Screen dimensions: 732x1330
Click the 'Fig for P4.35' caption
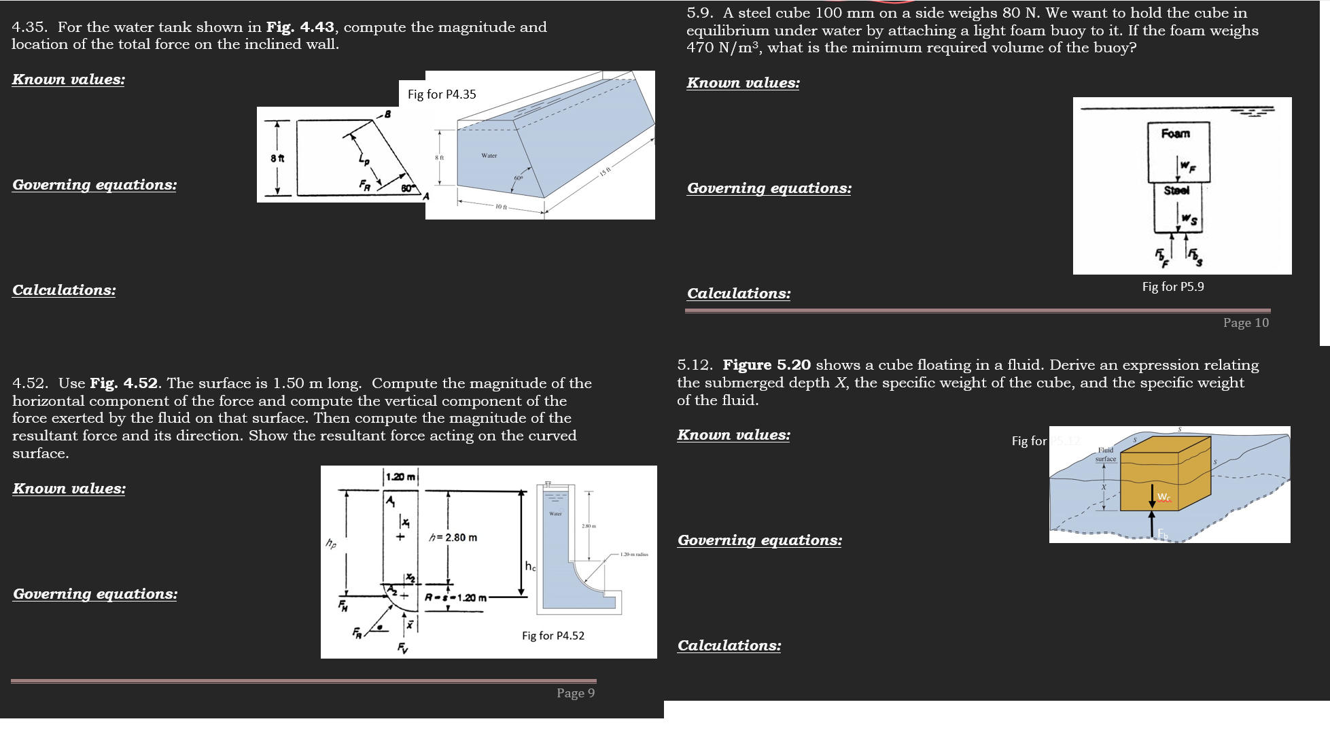click(442, 94)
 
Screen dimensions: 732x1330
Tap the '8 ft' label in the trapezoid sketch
click(277, 158)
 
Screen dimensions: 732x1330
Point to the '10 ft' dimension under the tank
click(501, 207)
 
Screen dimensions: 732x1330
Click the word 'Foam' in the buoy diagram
click(1175, 134)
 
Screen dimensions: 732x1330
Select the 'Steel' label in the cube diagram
click(1176, 191)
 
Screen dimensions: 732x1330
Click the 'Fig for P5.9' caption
click(1172, 287)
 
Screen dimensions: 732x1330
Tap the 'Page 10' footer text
click(1245, 323)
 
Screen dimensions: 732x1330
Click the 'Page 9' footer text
click(575, 693)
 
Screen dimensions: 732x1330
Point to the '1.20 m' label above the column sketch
click(400, 477)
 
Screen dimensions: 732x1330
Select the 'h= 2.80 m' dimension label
click(453, 538)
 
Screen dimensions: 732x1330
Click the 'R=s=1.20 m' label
click(455, 598)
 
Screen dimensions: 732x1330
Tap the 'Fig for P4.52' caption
click(553, 636)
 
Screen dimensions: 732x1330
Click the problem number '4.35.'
click(30, 27)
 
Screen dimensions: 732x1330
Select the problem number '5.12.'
click(695, 365)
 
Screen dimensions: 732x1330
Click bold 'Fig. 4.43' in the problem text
click(300, 27)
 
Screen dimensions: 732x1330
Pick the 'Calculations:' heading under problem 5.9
click(739, 294)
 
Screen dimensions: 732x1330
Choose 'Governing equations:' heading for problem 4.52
click(95, 594)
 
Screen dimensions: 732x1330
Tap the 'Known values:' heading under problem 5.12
click(733, 435)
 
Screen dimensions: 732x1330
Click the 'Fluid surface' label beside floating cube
click(1106, 455)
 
